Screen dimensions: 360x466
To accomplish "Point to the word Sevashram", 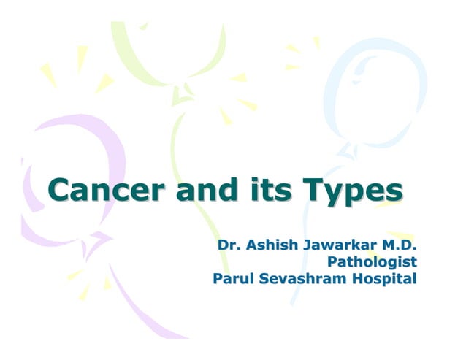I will click(299, 278).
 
